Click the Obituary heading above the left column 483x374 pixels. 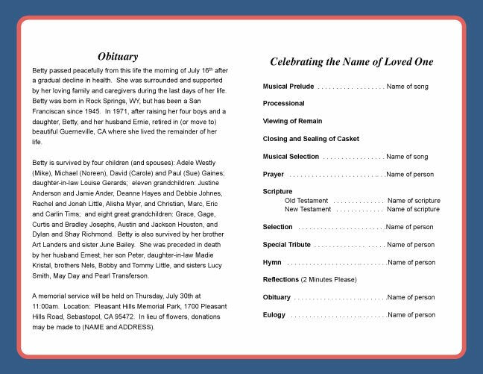coord(118,56)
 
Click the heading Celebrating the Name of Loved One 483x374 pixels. coord(351,62)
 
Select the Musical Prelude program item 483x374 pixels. coord(288,87)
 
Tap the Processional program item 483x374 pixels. coord(283,104)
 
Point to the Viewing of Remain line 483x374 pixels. coord(292,121)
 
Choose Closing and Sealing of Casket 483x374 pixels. coord(311,139)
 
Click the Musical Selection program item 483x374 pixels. coord(291,157)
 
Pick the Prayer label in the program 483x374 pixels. coord(273,174)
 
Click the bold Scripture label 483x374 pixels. coord(277,192)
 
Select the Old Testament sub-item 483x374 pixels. coord(306,201)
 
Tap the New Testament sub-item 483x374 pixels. coord(308,210)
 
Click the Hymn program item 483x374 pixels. coord(272,263)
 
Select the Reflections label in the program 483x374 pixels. coord(280,280)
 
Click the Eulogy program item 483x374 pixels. coord(274,315)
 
